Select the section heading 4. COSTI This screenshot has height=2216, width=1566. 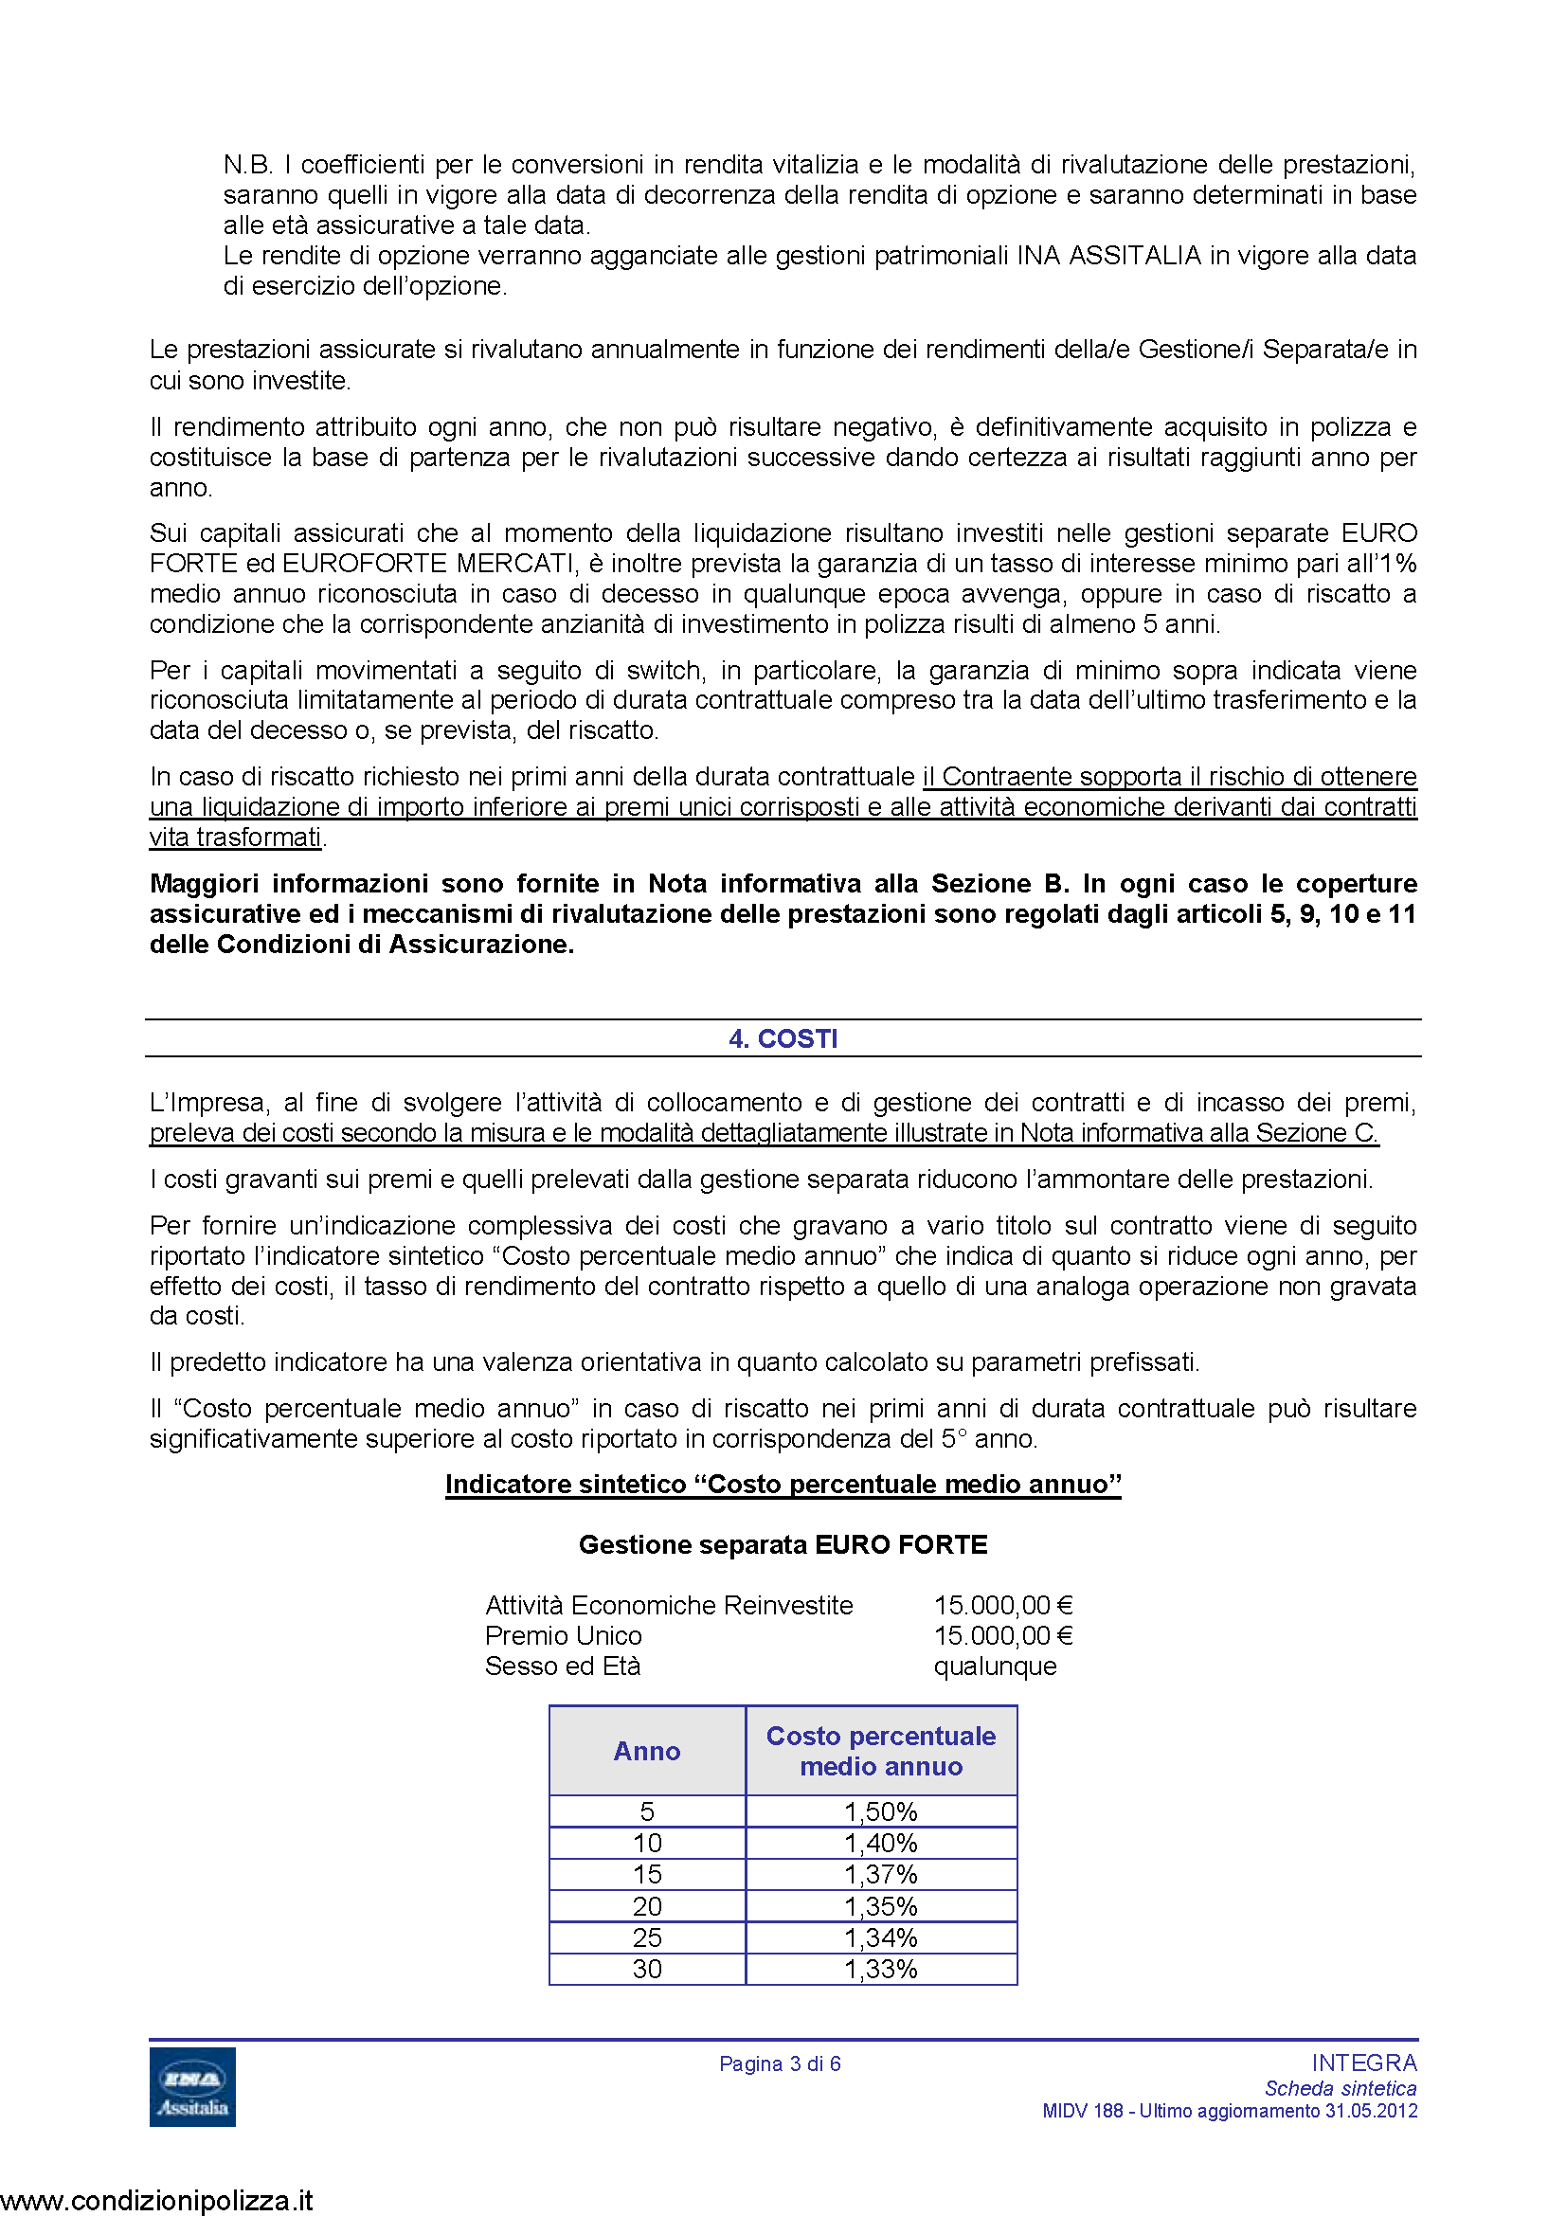point(783,1038)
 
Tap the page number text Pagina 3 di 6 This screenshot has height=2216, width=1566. point(780,2063)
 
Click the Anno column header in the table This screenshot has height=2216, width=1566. point(646,1751)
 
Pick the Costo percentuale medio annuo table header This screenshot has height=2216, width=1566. point(881,1751)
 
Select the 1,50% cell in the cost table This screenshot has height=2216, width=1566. point(881,1811)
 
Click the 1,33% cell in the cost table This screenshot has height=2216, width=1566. point(881,1969)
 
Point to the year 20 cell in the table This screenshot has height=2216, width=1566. point(646,1906)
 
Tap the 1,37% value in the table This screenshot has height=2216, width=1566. point(881,1874)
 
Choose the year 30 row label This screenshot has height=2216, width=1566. point(646,1969)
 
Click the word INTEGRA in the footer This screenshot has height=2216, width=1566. point(1363,2063)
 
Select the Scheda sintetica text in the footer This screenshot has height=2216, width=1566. point(1341,2088)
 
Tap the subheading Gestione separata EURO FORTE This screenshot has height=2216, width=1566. point(783,1544)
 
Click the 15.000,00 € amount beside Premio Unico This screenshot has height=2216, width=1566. point(1002,1635)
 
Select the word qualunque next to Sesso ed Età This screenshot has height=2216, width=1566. point(995,1666)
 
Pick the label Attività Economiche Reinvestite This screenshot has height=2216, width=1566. point(669,1605)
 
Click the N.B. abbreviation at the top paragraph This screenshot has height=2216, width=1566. point(247,165)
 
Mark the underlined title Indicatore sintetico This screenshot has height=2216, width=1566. point(783,1484)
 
